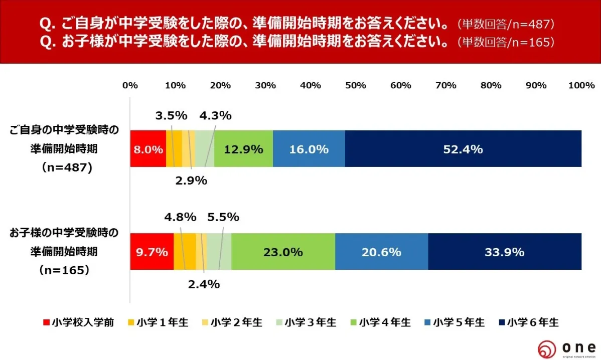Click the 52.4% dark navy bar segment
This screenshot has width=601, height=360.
click(463, 149)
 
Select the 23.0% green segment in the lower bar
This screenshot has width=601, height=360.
click(283, 252)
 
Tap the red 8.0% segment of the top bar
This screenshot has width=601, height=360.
click(148, 149)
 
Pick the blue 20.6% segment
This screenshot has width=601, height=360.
click(381, 252)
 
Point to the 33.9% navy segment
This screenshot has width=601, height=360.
click(504, 252)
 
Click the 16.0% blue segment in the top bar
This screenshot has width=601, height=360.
click(309, 149)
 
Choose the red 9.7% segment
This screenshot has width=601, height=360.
click(152, 252)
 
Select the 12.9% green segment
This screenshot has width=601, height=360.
click(243, 149)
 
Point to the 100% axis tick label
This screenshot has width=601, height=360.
click(581, 85)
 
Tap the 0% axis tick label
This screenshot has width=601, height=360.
click(130, 85)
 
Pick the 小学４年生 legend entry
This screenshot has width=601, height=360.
click(380, 322)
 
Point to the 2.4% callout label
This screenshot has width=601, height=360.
click(204, 284)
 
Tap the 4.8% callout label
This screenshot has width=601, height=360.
click(180, 218)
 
